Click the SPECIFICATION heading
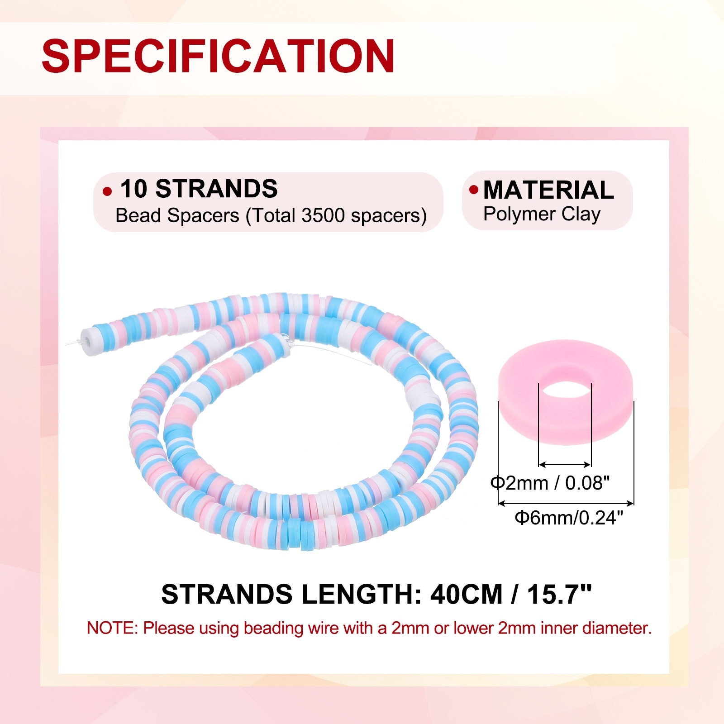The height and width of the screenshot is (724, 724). pos(218,56)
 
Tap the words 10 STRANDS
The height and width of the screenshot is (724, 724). pos(199,189)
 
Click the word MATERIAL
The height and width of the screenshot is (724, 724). pos(548,190)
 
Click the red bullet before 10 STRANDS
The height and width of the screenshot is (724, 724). pos(107,191)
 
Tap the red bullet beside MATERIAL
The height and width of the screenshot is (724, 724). pos(474,189)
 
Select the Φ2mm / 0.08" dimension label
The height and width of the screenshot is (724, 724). pos(550,483)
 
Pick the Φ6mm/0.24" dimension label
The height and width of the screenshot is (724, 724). pos(569,518)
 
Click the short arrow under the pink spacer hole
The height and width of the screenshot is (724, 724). pos(565,464)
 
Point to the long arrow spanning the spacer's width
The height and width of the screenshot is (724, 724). pos(566,503)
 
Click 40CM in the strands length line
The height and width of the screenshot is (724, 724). pos(466,594)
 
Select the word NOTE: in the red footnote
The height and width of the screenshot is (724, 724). pos(113,628)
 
